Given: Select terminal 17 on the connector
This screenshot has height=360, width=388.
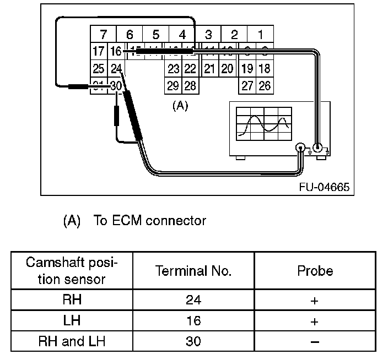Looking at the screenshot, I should point(99,52).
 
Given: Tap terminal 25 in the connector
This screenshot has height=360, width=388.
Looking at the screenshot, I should point(99,69).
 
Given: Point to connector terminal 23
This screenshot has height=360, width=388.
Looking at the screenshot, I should point(174,69).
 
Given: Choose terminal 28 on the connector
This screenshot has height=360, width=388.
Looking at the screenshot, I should point(190,86).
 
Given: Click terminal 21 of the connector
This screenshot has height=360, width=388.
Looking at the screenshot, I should point(209,69).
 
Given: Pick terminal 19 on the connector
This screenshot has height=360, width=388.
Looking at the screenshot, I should point(247,69).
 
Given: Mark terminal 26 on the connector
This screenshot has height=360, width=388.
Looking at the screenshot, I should point(265,86).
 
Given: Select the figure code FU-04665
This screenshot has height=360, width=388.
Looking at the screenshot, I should point(324,187).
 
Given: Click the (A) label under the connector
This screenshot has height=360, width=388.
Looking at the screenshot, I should point(180,106).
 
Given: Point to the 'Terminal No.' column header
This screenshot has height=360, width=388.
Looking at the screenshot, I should point(193,271).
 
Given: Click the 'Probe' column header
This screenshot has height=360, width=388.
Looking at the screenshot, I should point(315,271).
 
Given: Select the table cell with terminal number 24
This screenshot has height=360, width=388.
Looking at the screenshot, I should point(193,300).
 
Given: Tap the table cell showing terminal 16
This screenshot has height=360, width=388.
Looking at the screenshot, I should point(193,320).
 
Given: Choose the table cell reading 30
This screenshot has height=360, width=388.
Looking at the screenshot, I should point(193,341).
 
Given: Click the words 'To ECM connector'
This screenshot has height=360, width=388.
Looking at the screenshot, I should point(150,221).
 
